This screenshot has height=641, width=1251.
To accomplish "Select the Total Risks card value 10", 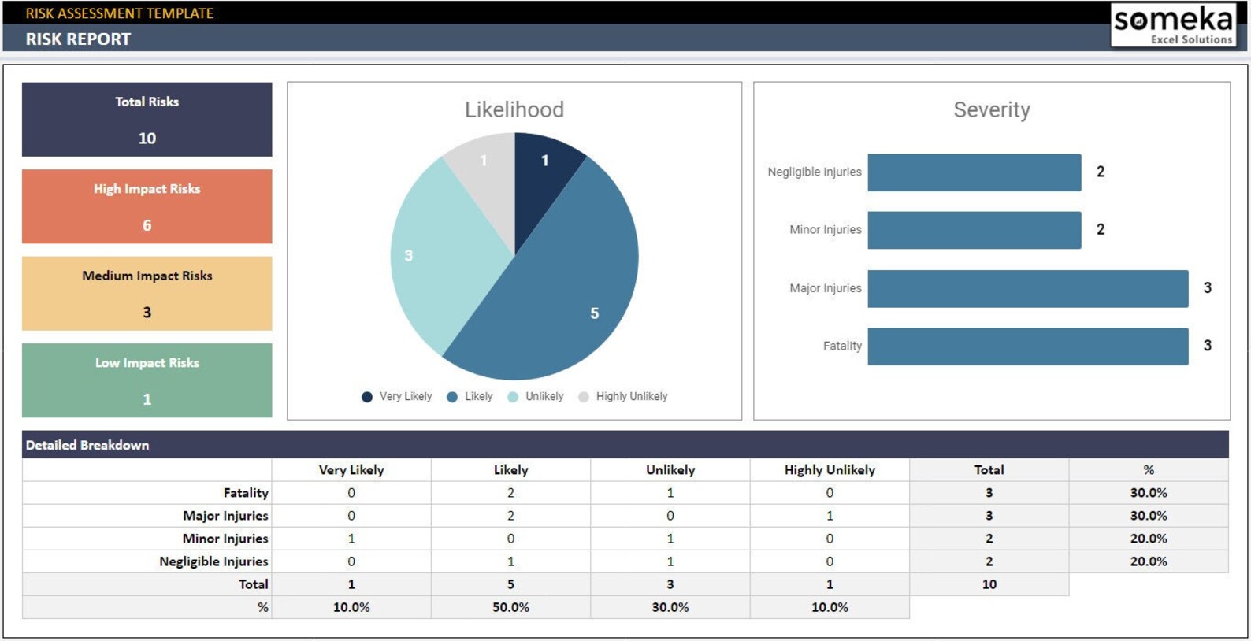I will point(147,139).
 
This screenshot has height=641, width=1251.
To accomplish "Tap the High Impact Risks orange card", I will point(147,206).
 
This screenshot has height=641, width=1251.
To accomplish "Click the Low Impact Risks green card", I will point(147,380).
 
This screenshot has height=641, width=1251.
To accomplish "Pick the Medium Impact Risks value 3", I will point(147,313).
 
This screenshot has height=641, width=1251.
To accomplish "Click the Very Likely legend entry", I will point(397,397).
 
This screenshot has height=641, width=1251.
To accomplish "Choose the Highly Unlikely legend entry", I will point(623,397).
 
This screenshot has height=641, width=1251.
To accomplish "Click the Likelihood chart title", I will point(514,109).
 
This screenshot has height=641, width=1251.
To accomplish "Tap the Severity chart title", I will point(991,109).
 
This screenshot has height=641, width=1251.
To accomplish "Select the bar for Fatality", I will point(1027,346).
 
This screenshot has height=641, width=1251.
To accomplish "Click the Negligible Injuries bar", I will point(974,172).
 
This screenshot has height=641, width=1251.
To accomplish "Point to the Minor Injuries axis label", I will point(825,230).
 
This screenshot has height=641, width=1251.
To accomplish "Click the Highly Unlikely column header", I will point(830,470).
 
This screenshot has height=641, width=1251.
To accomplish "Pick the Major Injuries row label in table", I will point(225,516).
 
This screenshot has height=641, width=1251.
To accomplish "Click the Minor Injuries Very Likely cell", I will point(351,539).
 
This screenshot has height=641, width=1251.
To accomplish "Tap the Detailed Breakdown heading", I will point(87,445).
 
